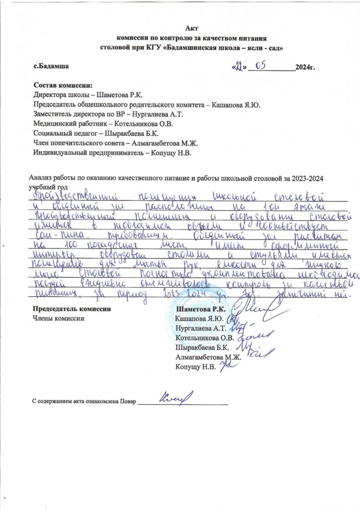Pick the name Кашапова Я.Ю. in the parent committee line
236,104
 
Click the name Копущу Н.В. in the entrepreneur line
175,152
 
